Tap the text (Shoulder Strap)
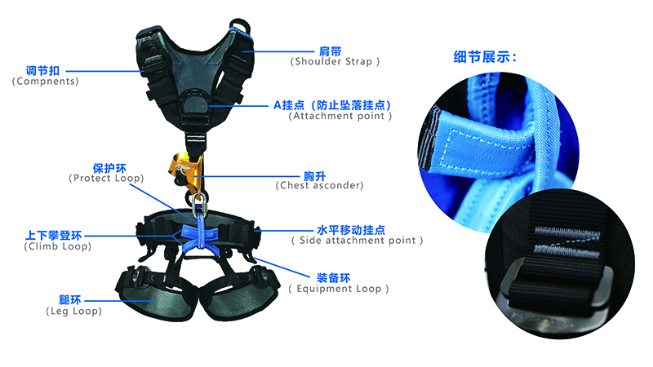(x=335, y=61)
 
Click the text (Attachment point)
(x=340, y=117)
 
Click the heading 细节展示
(x=485, y=57)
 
